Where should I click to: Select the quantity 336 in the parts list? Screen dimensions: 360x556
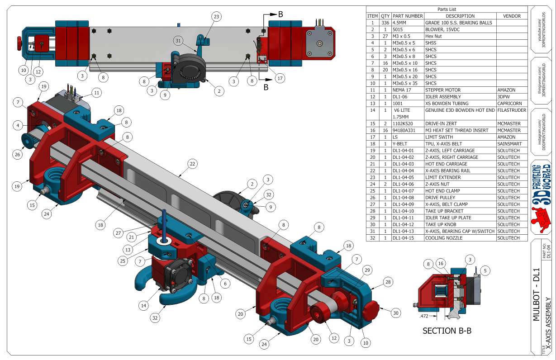(385, 23)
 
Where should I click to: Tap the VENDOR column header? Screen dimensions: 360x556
(512, 16)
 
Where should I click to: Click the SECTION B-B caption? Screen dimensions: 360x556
(447, 331)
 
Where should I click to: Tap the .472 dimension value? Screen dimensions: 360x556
(424, 316)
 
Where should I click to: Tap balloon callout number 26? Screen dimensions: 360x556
(18, 154)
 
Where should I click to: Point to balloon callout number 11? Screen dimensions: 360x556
(96, 92)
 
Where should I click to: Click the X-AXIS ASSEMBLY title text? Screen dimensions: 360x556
(548, 321)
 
